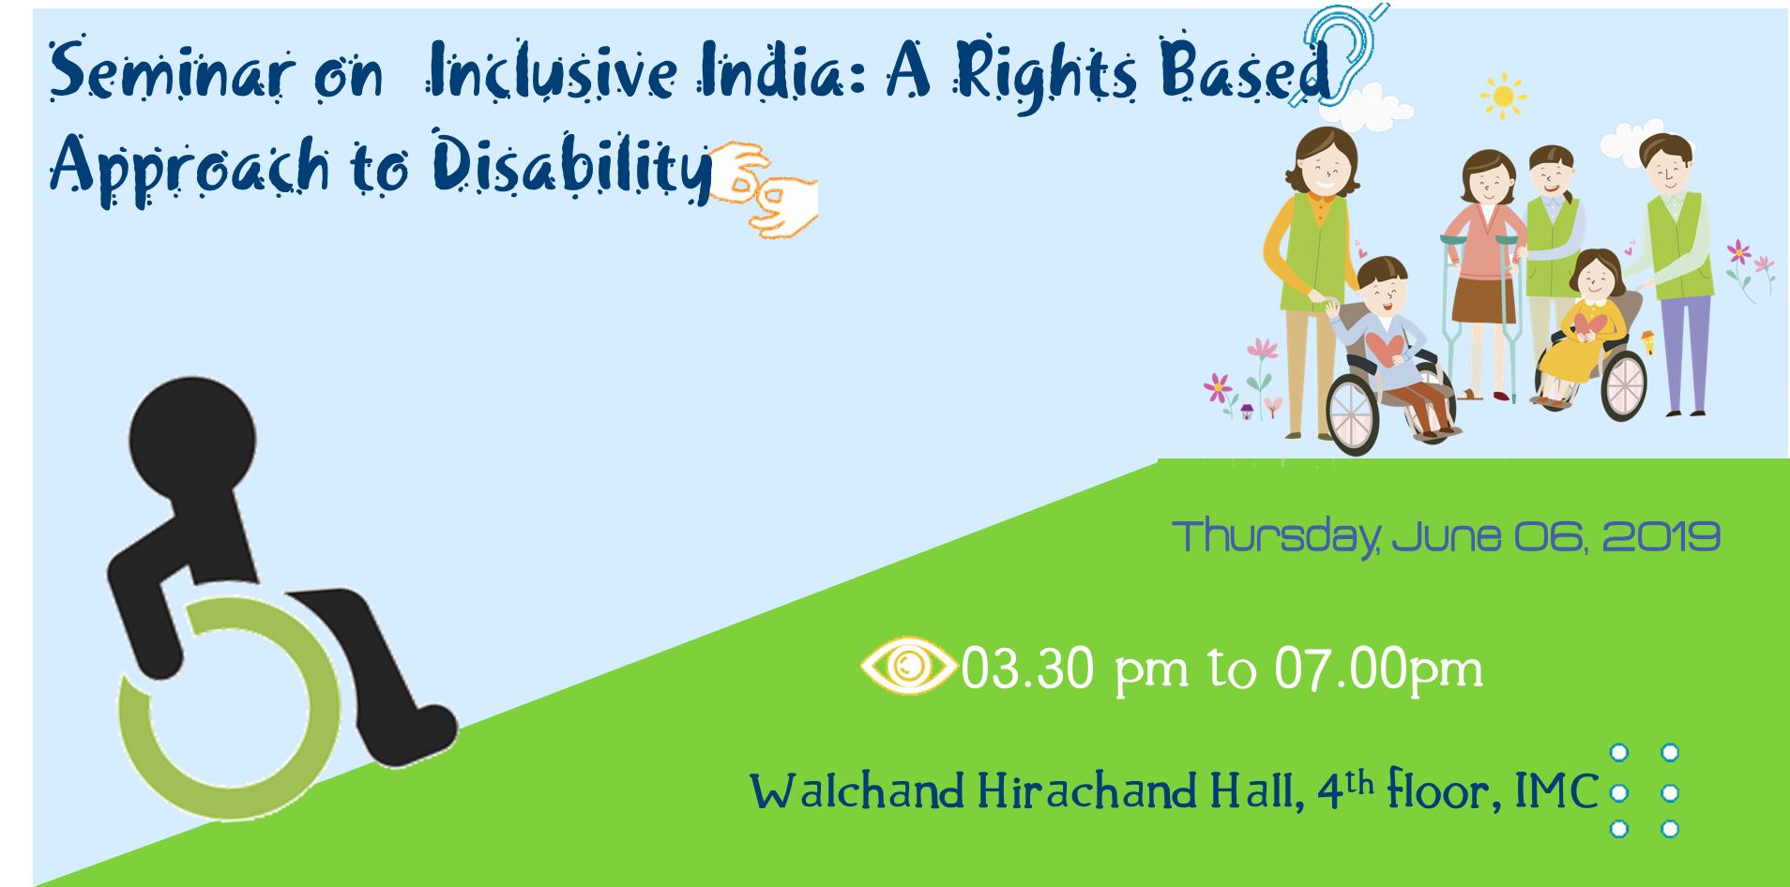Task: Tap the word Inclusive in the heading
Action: (552, 71)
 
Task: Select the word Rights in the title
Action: (1046, 75)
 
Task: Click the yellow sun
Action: (1503, 96)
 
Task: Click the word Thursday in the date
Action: (1276, 537)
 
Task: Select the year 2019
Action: (1661, 536)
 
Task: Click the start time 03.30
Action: (1028, 669)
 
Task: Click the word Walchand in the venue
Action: (857, 790)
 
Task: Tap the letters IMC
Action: (1556, 790)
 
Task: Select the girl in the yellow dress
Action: (1585, 328)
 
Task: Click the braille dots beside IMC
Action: (1645, 790)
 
